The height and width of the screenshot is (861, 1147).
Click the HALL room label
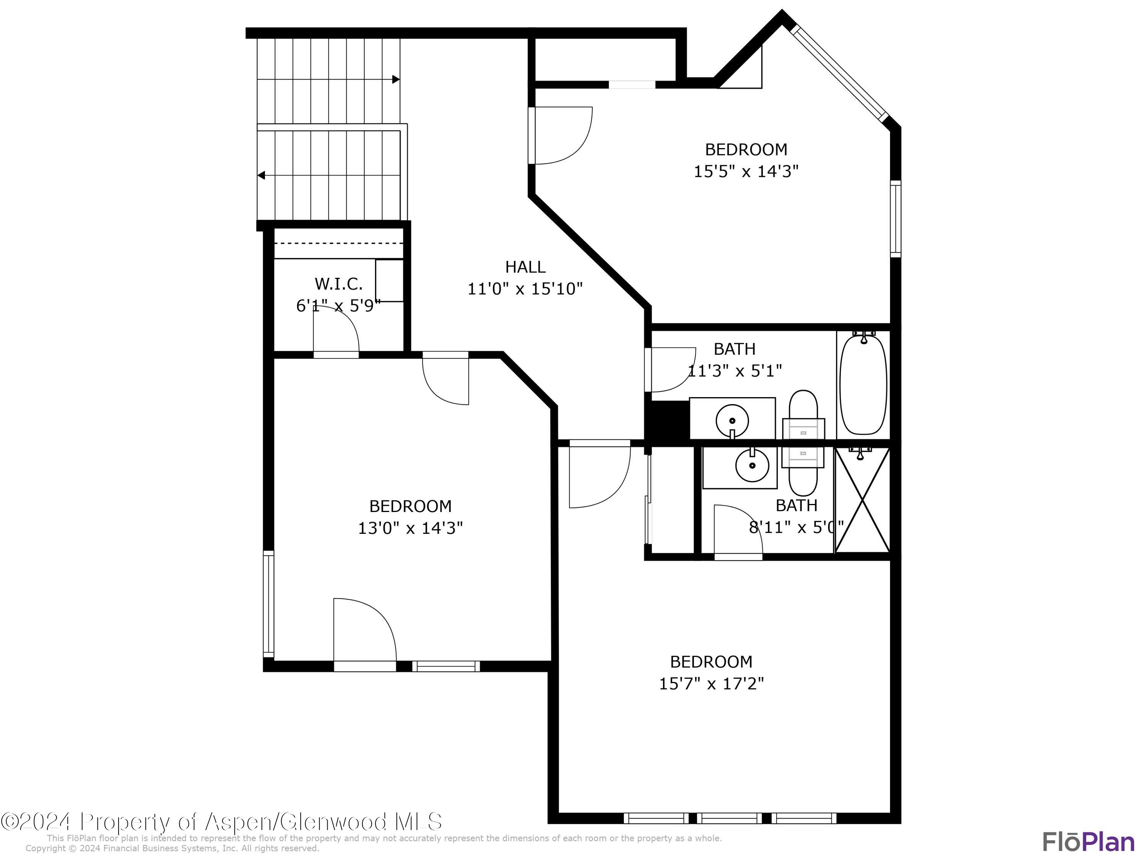525,267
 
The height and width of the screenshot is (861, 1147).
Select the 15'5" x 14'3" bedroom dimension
746,171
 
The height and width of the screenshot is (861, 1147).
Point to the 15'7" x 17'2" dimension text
711,683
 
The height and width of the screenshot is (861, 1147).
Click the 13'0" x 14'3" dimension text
410,528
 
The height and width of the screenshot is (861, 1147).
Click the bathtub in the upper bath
863,385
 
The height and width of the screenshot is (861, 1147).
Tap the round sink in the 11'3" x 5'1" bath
732,421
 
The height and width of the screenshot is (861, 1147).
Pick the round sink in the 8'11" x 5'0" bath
752,466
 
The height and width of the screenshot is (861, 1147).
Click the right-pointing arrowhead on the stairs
396,80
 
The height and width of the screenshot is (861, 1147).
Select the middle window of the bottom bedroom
729,819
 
